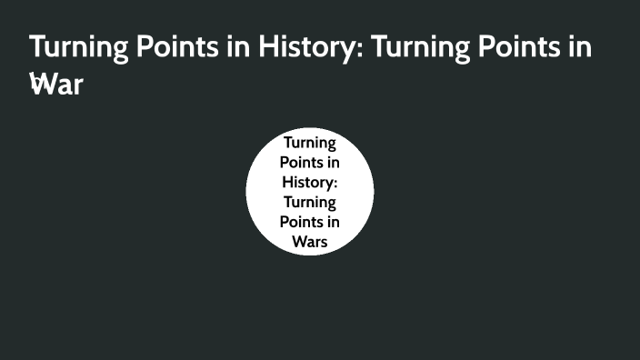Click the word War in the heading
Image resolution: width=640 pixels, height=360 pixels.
(55, 86)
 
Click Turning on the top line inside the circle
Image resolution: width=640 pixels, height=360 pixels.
(310, 143)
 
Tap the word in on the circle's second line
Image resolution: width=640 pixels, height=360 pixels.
(333, 163)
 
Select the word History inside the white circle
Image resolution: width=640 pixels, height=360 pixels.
(307, 182)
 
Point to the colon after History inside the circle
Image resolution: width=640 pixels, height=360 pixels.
(335, 184)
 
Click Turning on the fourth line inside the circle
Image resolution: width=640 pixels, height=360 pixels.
(310, 202)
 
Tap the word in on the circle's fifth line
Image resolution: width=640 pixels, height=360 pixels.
(333, 222)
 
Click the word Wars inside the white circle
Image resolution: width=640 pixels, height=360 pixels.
(310, 241)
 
